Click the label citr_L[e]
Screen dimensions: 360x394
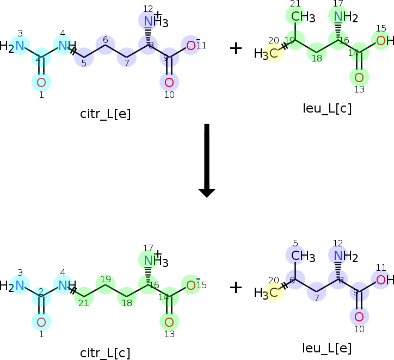tap(105, 114)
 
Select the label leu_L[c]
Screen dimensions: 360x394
tap(327, 108)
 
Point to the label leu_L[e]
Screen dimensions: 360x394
tap(327, 348)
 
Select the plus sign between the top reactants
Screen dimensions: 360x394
tap(236, 48)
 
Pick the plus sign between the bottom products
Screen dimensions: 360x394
tap(236, 287)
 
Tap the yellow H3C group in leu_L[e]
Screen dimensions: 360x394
tap(267, 293)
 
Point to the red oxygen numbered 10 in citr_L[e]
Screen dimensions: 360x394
tap(169, 83)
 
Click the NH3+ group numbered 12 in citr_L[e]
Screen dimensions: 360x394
tap(155, 22)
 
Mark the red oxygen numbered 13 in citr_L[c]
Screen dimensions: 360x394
tap(169, 322)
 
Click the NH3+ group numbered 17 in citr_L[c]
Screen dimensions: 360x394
tap(155, 261)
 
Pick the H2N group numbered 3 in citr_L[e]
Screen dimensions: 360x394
tap(13, 46)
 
